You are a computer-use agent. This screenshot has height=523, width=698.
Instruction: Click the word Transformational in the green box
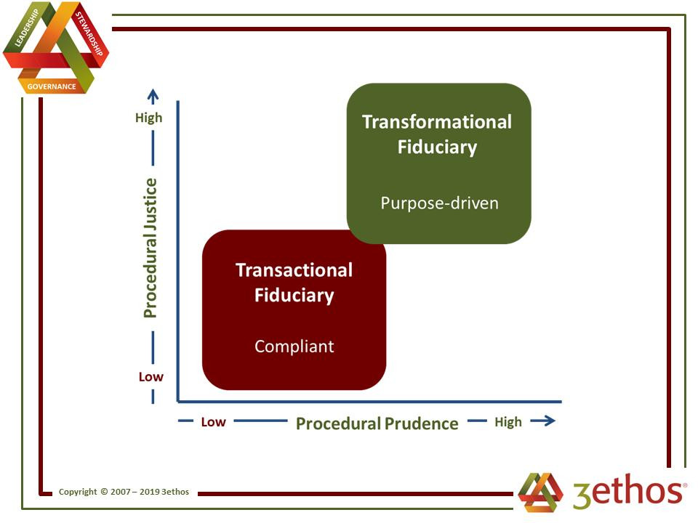[x=437, y=122]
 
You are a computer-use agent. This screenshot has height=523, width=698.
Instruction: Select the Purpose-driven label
[x=439, y=203]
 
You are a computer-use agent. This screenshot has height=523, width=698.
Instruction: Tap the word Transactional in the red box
[x=294, y=270]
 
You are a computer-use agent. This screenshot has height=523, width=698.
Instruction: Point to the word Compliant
[x=294, y=346]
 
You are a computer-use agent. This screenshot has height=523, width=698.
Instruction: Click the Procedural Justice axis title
[x=151, y=248]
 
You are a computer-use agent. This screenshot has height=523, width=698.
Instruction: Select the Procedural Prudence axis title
[x=377, y=423]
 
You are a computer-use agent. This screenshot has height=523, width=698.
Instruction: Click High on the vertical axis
[x=148, y=118]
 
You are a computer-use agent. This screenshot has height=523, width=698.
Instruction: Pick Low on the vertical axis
[x=151, y=377]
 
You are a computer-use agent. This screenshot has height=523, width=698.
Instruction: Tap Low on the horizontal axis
[x=213, y=422]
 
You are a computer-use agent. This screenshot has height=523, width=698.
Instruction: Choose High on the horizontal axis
[x=508, y=422]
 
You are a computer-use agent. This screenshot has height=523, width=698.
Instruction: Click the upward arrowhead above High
[x=153, y=94]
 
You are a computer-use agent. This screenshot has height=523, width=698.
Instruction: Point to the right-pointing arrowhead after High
[x=550, y=421]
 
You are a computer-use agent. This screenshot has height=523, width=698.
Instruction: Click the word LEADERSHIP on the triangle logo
[x=27, y=28]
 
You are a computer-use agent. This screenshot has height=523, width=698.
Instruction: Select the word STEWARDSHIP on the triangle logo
[x=89, y=34]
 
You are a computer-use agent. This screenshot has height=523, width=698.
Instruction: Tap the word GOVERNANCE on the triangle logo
[x=52, y=86]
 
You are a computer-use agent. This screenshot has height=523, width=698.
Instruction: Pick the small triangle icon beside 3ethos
[x=540, y=492]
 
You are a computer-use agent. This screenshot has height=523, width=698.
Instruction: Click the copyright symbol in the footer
[x=104, y=492]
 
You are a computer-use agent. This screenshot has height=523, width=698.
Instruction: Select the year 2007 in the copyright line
[x=120, y=492]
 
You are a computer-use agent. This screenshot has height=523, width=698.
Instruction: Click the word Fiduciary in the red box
[x=294, y=296]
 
